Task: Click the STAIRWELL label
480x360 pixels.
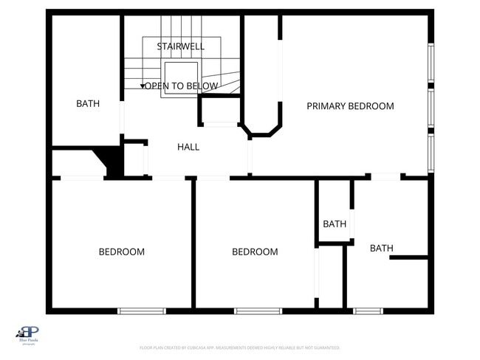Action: pos(181,46)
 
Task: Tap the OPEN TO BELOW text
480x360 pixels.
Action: pos(181,86)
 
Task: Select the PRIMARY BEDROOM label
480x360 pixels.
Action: pos(350,106)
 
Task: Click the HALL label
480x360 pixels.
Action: pos(188,147)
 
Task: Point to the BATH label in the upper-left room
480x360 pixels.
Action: pos(88,104)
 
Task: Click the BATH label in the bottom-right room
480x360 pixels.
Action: pos(381,248)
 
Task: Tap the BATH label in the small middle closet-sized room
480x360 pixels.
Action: pos(335,224)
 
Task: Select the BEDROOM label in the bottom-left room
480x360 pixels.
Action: pos(122,252)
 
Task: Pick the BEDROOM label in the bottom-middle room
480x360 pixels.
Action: pos(255,252)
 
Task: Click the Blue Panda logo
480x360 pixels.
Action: pos(27,334)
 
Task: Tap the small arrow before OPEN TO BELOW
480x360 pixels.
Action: pos(143,87)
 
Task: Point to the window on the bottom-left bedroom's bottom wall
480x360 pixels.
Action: pos(142,311)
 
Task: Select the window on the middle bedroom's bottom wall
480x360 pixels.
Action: pos(258,311)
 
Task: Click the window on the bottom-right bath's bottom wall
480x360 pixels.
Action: pos(368,311)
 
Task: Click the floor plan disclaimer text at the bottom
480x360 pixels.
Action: pos(240,347)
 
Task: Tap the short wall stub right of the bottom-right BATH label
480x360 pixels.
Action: pos(409,257)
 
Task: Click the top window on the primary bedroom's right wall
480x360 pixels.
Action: pos(431,63)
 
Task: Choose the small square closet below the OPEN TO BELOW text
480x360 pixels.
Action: pos(219,111)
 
